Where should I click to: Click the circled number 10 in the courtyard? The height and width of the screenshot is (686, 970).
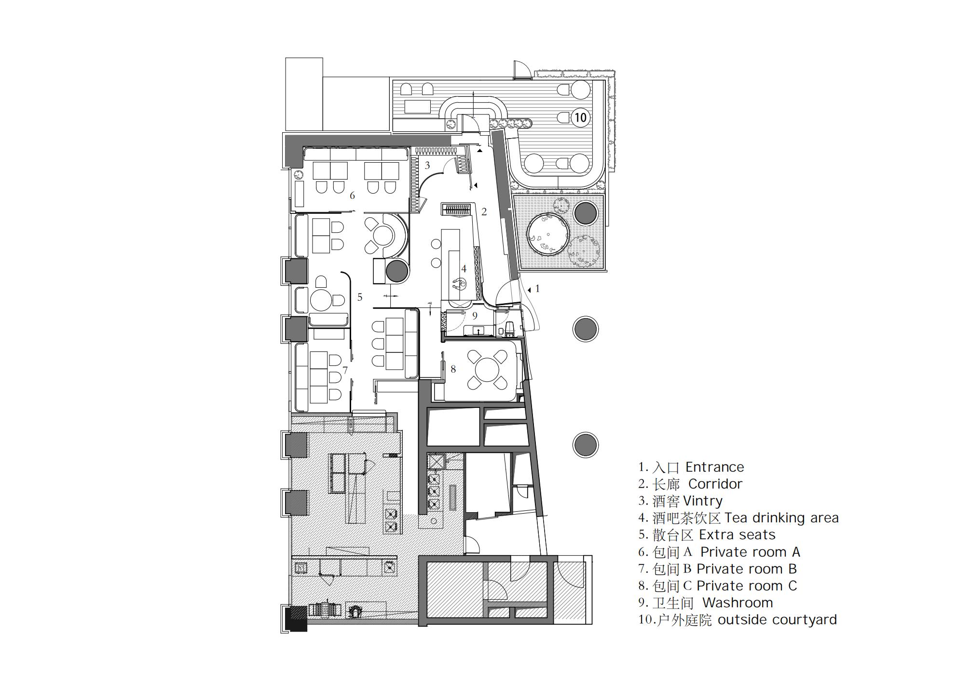pos(580,117)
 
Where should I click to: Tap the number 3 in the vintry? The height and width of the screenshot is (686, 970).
pos(427,166)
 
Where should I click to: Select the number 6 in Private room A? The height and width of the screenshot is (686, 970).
pos(353,196)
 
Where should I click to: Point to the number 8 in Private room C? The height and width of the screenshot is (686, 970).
pos(453,369)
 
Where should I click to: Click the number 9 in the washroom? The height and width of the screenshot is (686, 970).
pos(475,316)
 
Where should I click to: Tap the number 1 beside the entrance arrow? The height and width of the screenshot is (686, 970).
pos(538,289)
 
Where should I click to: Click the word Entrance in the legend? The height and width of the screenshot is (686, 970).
pos(714,467)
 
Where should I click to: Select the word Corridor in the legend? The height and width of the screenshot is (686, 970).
pos(715,484)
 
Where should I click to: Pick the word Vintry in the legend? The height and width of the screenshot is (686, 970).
pos(703,501)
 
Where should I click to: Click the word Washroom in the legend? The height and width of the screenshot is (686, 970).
pos(738,602)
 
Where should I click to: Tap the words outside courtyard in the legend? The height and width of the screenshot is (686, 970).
pos(777,620)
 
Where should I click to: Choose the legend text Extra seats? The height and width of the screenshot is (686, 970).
pos(737,535)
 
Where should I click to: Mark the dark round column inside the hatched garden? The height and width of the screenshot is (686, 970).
pos(586,213)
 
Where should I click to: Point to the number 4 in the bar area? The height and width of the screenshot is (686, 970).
pos(464,268)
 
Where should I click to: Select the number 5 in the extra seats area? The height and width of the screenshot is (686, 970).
pos(360,297)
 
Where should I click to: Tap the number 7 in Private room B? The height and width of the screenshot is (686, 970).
pos(345,370)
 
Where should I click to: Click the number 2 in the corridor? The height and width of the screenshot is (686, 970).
pos(484,211)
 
